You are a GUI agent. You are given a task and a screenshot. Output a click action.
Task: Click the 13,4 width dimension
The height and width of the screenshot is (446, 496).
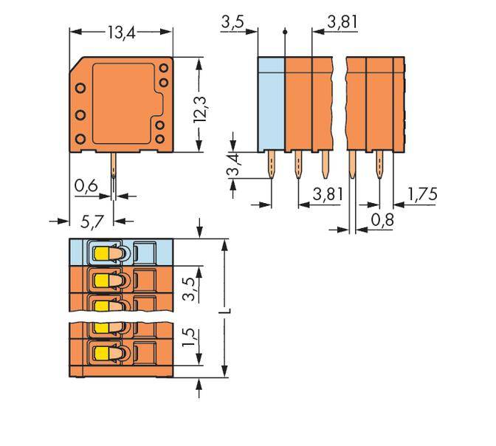tap(121, 32)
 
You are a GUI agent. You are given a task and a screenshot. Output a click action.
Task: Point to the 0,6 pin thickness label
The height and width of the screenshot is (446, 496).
tap(86, 187)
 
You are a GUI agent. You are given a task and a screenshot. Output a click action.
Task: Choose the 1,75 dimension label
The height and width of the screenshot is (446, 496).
tap(423, 195)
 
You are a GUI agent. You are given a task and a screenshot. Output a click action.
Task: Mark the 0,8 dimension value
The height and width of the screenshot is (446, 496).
tap(382, 219)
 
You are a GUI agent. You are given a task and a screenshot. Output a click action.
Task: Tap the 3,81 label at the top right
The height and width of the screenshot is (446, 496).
tap(342, 22)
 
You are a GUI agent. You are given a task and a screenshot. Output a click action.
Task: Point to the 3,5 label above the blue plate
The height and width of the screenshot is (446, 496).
tap(232, 22)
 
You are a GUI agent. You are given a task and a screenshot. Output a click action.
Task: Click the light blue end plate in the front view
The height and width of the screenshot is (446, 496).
tap(271, 103)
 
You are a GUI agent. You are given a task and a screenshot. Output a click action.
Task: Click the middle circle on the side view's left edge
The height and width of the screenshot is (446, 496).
tap(80, 116)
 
